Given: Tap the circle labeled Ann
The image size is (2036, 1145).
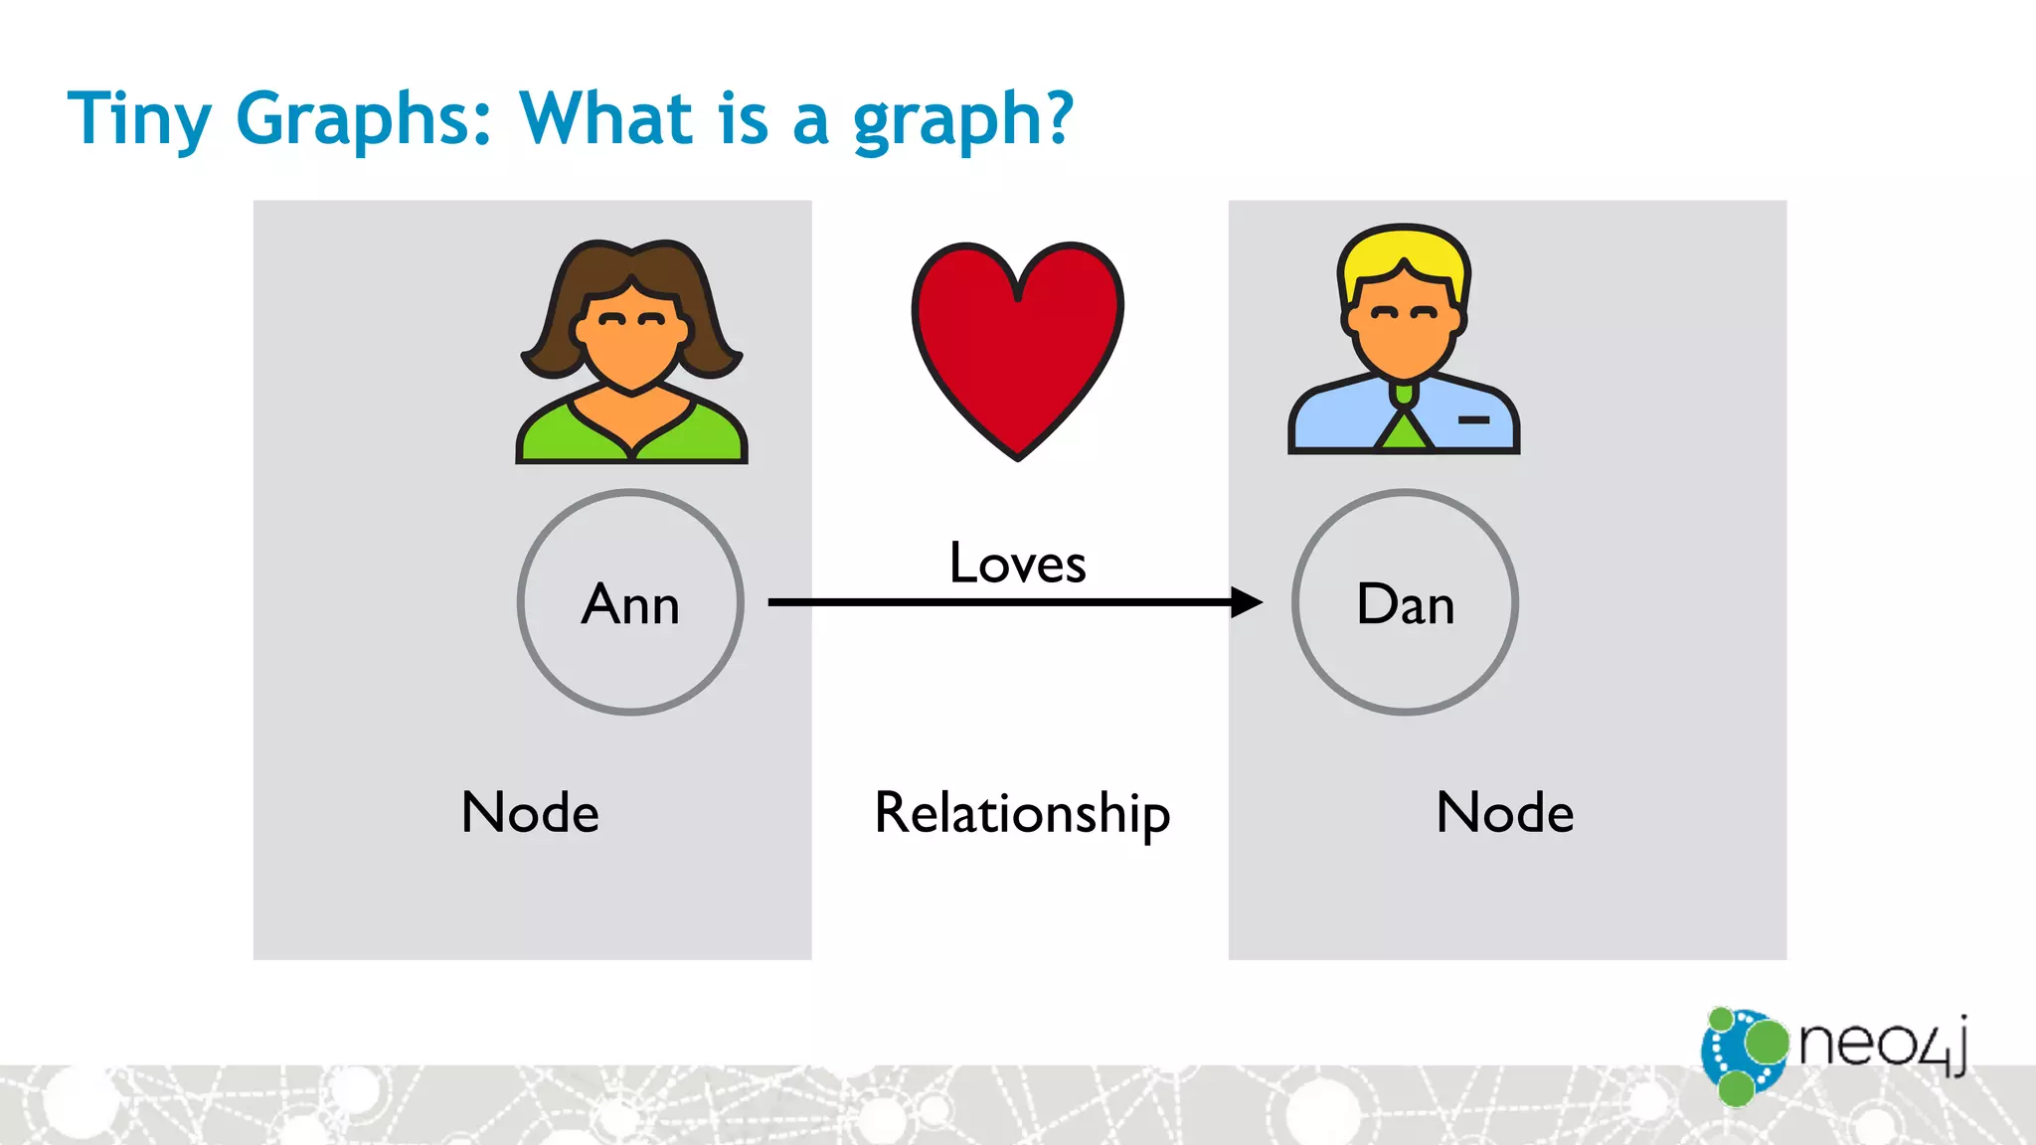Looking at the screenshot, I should [x=630, y=602].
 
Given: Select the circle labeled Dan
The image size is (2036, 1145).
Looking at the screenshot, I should [x=1405, y=602].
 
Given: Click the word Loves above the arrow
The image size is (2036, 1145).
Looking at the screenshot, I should [x=1017, y=564].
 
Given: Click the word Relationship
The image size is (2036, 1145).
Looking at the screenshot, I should [x=1022, y=813].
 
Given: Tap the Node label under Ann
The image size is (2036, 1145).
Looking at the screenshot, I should [x=530, y=812].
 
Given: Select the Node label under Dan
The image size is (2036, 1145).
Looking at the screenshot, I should [x=1505, y=812].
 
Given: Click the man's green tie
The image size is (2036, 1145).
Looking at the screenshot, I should [x=1403, y=427].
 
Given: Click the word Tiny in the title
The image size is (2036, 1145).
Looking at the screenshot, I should [x=138, y=118].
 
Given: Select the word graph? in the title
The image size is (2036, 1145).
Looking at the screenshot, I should [x=962, y=118].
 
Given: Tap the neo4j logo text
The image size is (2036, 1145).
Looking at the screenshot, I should [x=1882, y=1044].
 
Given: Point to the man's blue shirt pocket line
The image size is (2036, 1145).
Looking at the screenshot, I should [x=1473, y=420].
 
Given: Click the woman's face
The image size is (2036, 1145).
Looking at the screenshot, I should [x=631, y=343].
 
